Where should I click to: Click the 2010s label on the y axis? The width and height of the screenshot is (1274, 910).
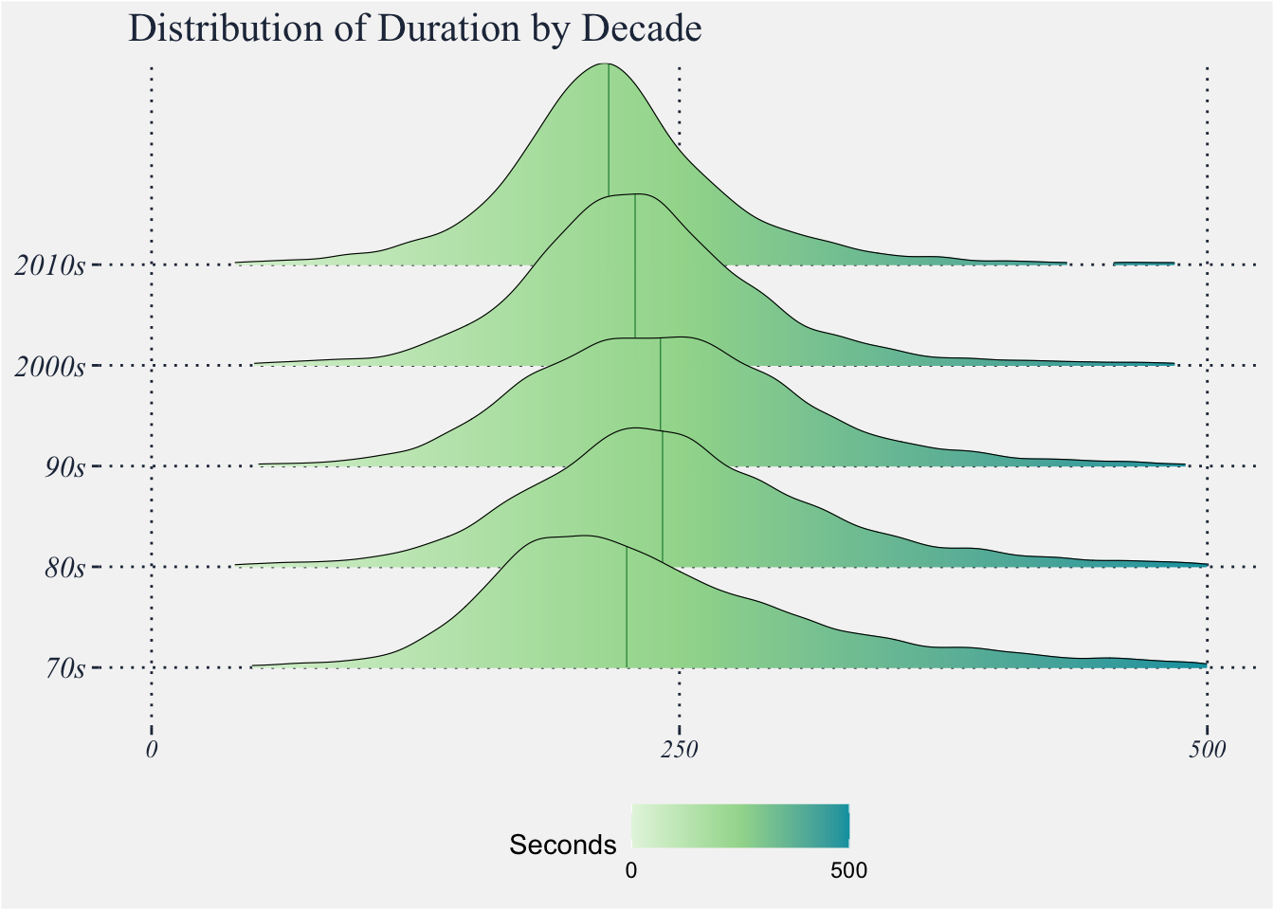tap(49, 264)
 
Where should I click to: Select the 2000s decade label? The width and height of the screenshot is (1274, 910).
tap(49, 365)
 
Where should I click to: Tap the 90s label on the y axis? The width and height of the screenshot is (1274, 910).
tap(64, 466)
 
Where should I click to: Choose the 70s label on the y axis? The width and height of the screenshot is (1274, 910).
tap(64, 668)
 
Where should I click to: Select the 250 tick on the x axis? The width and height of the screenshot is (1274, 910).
tap(679, 751)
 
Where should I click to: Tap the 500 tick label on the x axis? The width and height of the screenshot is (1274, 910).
tap(1207, 751)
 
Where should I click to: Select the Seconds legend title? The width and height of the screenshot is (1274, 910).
tap(563, 845)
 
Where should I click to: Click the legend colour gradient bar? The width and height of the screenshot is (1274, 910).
tap(740, 825)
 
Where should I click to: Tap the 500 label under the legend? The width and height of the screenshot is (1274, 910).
tap(848, 870)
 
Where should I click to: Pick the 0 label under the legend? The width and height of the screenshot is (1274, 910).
tap(631, 870)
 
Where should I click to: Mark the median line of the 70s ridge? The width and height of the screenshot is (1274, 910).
tap(627, 607)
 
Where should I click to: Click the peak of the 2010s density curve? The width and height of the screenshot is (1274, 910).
tap(606, 64)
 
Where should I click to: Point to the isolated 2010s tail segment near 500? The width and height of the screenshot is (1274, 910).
tap(1143, 263)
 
